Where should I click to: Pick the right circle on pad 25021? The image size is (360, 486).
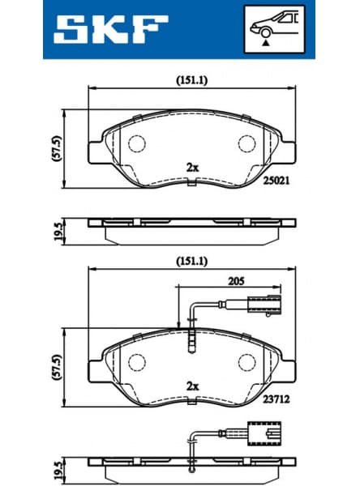pyautogui.click(x=246, y=143)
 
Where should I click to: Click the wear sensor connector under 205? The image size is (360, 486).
pyautogui.click(x=262, y=306)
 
